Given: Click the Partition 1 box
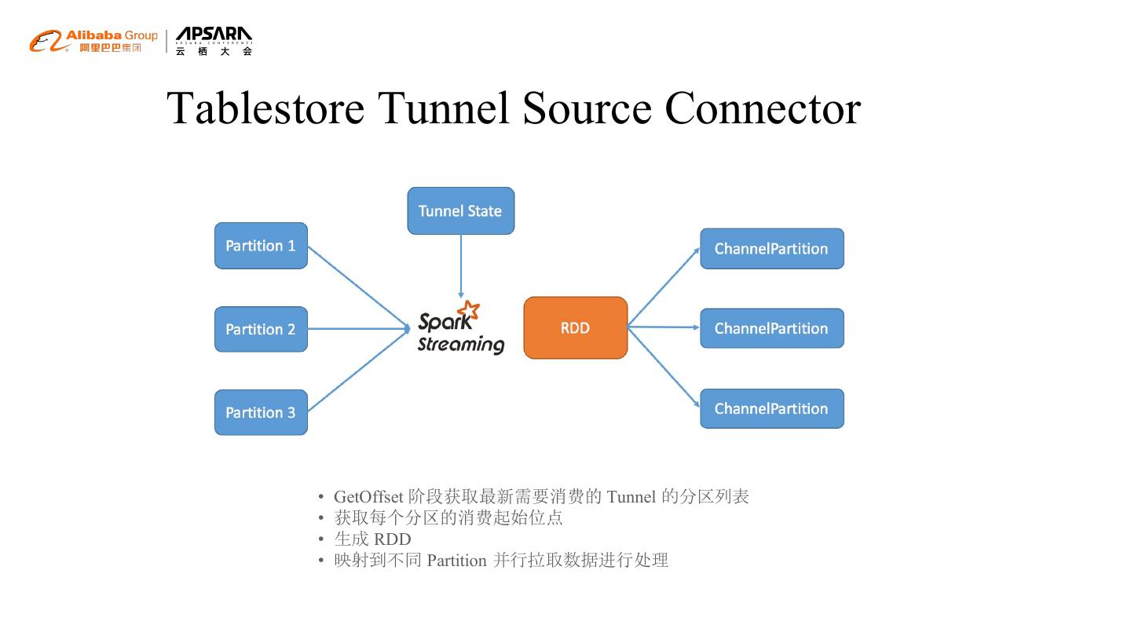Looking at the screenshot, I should pos(261,246).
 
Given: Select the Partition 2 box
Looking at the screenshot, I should pos(261,329).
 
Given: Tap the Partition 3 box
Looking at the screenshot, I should pos(261,412).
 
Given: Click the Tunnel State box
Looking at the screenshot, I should pos(460,210).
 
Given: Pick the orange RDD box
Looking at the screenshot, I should pos(575,327).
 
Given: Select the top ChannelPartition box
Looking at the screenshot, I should pos(771,249).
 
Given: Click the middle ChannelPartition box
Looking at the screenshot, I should pos(771,328).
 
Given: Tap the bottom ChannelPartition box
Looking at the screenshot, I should pos(771,408).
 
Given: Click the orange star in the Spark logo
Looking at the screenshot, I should pos(469,310).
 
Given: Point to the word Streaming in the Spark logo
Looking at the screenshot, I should pos(460,345).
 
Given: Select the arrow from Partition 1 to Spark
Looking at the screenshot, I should pos(357,287).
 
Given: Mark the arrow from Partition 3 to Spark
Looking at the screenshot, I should pos(357,371).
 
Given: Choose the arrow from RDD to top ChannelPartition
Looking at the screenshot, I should pos(664,287).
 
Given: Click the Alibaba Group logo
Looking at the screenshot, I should pos(93,41).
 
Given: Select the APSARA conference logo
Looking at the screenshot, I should pos(214,41).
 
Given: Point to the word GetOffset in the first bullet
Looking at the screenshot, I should pos(368,496).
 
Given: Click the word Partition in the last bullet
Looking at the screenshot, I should pos(456,561).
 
